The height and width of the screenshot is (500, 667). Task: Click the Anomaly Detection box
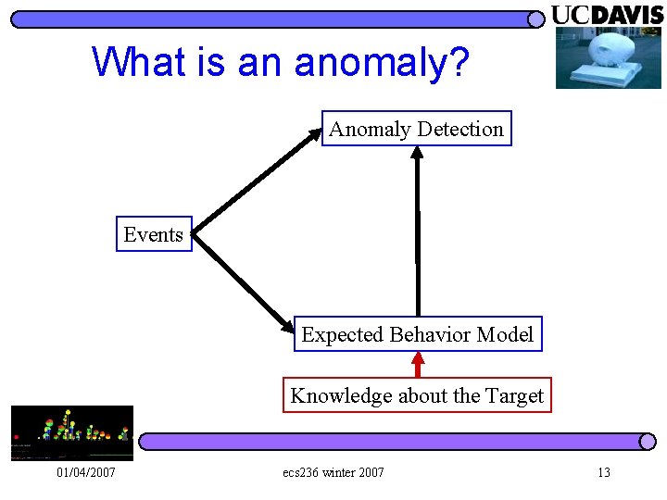(416, 130)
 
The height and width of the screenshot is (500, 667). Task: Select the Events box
(153, 235)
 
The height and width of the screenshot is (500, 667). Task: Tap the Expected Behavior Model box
(418, 335)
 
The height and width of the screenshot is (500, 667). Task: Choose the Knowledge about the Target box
(417, 396)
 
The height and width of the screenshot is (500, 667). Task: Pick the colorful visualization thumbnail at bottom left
(71, 432)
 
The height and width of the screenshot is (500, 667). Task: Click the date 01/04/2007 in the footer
(84, 473)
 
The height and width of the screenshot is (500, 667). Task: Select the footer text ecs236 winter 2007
(333, 473)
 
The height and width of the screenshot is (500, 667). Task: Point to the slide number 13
(603, 473)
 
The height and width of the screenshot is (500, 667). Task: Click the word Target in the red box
(514, 396)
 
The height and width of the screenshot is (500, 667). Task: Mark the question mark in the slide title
(459, 62)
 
